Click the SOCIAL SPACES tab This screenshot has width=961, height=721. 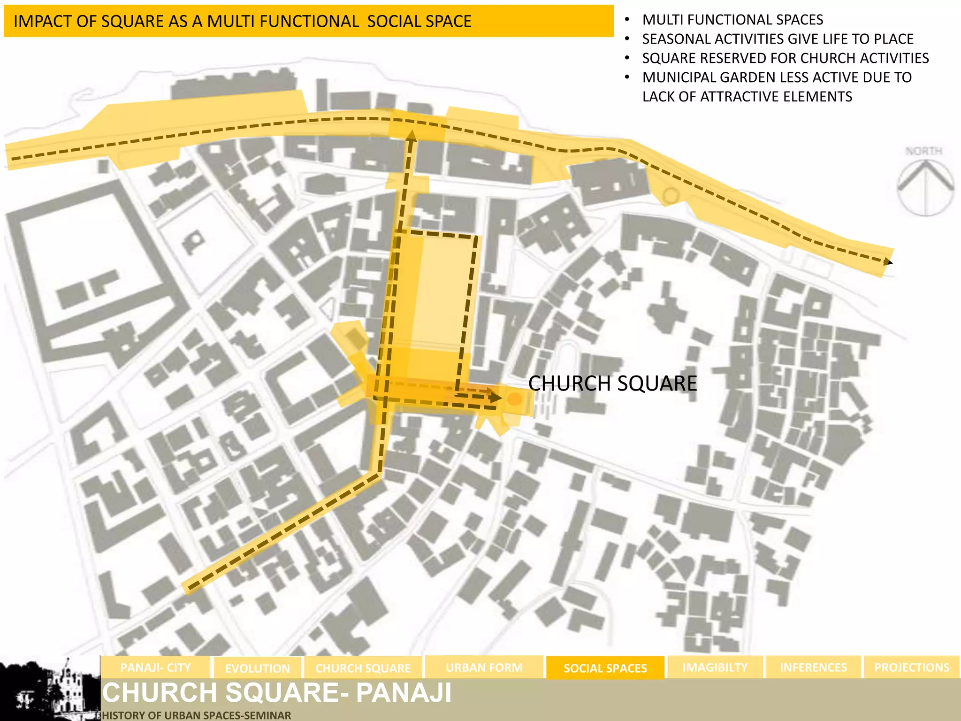[605, 668]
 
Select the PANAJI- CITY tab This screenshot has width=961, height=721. [155, 667]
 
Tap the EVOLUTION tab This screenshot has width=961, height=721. [257, 668]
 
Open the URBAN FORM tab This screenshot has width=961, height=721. [484, 667]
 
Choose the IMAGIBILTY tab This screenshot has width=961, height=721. [715, 667]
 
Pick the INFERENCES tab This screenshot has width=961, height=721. [813, 667]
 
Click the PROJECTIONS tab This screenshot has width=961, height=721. [911, 667]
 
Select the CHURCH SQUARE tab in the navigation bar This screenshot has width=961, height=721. [363, 668]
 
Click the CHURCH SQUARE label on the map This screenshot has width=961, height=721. [612, 384]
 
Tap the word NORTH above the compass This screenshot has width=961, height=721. [923, 151]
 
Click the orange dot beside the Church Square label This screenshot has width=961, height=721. [515, 399]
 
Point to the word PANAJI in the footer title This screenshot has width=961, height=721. [404, 693]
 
